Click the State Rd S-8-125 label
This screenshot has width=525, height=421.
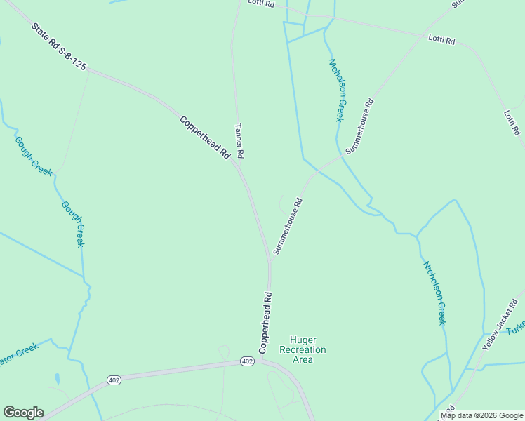pyautogui.click(x=60, y=46)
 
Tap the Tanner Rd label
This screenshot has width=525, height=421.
pyautogui.click(x=239, y=140)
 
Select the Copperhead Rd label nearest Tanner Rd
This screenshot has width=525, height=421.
pyautogui.click(x=205, y=138)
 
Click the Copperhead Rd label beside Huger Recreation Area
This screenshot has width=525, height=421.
pyautogui.click(x=265, y=322)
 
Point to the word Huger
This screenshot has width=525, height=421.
pyautogui.click(x=303, y=340)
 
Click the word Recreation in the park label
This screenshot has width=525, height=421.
pyautogui.click(x=303, y=349)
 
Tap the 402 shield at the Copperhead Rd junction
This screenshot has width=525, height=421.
pyautogui.click(x=246, y=361)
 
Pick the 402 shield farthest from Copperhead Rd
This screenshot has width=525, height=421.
pyautogui.click(x=114, y=380)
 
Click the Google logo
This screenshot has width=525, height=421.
pyautogui.click(x=23, y=413)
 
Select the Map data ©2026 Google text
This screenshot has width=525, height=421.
pyautogui.click(x=481, y=415)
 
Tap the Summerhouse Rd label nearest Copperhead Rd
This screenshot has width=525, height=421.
pyautogui.click(x=288, y=226)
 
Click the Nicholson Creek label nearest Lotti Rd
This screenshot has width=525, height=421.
pyautogui.click(x=336, y=90)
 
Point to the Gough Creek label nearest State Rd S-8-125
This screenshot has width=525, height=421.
pyautogui.click(x=32, y=156)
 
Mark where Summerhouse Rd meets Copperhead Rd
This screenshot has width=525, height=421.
pyautogui.click(x=269, y=258)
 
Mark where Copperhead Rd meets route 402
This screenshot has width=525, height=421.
pyautogui.click(x=261, y=360)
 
